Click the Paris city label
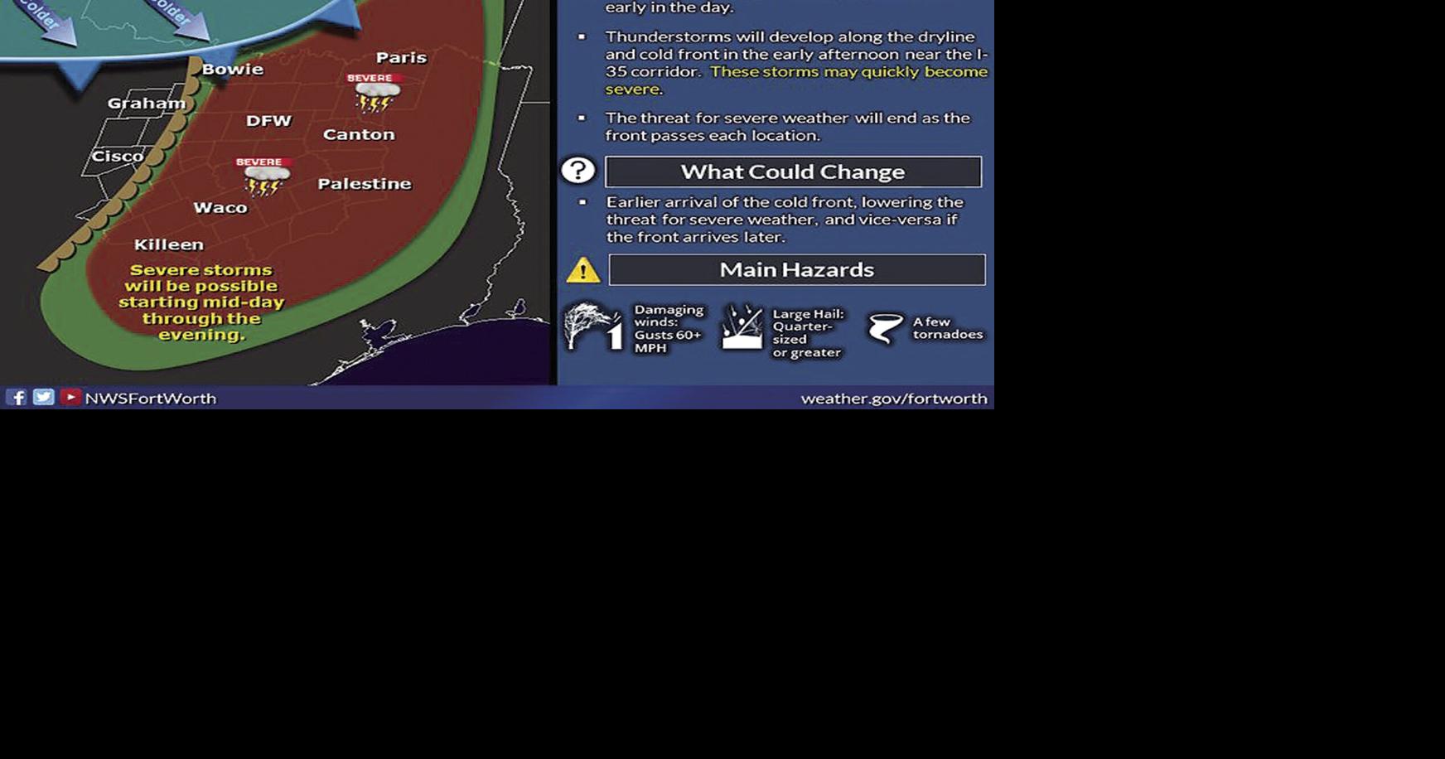click(401, 57)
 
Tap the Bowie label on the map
click(233, 70)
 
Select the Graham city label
click(147, 104)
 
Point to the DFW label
click(268, 121)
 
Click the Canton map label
click(359, 134)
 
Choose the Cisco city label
click(118, 156)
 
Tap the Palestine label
click(365, 184)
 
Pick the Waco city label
click(220, 207)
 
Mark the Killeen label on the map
click(169, 244)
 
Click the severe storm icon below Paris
click(375, 92)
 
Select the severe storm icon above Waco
click(264, 176)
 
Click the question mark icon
click(578, 171)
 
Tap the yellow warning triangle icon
click(583, 270)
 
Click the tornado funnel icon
click(885, 328)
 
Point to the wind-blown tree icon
click(592, 326)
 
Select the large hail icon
click(742, 326)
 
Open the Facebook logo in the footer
click(17, 398)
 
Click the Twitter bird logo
click(44, 398)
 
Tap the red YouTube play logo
click(70, 398)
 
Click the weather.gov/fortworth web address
click(894, 399)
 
